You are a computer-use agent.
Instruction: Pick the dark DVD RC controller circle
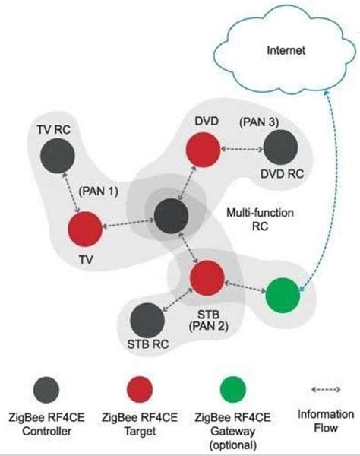point(281,147)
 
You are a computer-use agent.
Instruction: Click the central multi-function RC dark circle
point(170,215)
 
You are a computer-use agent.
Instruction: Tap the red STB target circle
point(207,277)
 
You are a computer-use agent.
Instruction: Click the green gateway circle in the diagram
point(283,295)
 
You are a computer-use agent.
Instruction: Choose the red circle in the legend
point(144,390)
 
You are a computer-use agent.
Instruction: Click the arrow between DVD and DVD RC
point(241,147)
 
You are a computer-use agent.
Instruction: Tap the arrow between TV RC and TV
point(73,195)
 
